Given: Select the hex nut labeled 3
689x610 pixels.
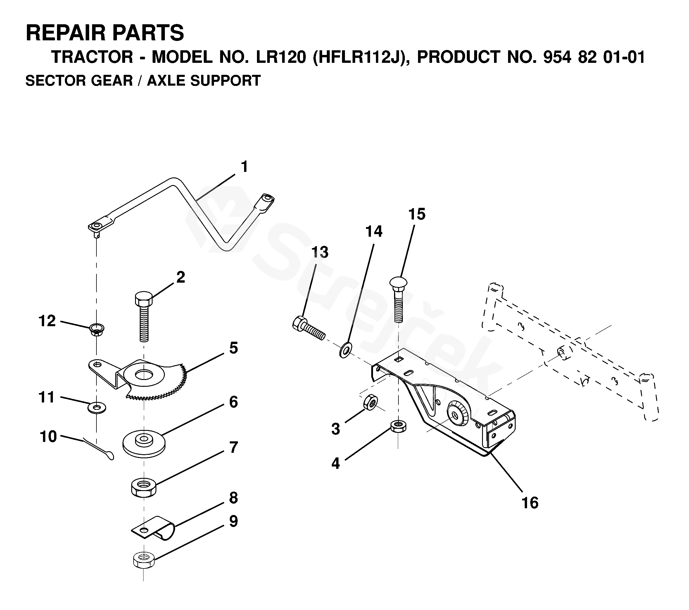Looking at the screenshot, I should (x=370, y=402).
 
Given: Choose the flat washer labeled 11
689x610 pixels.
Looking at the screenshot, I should (x=97, y=408).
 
